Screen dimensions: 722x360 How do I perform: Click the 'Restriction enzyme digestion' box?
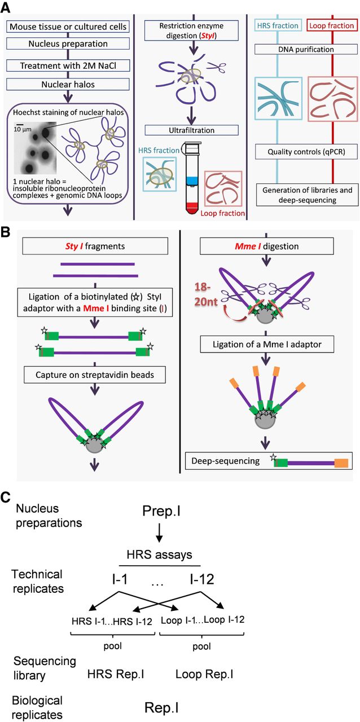[x=181, y=30]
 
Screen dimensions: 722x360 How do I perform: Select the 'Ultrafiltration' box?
[x=181, y=131]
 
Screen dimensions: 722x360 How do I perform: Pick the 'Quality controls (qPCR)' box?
[x=305, y=151]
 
